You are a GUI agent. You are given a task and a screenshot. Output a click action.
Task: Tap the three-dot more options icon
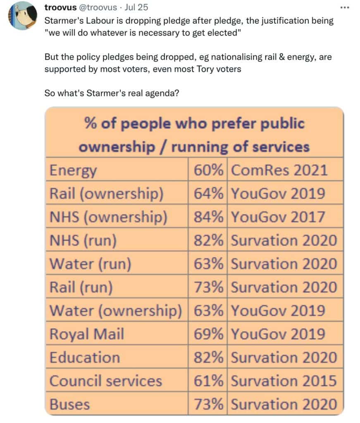(345, 7)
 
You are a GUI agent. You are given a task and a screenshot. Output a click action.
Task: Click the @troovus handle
(98, 7)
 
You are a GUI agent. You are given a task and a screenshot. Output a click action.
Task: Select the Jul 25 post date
(136, 7)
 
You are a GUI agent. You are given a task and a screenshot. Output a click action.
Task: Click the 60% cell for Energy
(208, 170)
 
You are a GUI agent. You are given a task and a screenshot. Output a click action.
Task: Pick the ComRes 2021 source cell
(279, 170)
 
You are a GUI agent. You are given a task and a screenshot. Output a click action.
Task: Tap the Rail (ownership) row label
(106, 194)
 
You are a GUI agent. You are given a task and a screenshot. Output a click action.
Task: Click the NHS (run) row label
(83, 240)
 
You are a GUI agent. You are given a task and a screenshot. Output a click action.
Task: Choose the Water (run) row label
(91, 264)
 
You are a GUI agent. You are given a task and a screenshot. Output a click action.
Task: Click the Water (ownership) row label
(116, 311)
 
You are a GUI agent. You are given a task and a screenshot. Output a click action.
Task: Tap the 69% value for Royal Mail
(208, 334)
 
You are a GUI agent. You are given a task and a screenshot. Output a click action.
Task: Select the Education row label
(85, 357)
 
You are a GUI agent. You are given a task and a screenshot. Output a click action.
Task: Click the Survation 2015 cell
(284, 381)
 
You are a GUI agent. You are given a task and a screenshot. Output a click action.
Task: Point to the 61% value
(208, 381)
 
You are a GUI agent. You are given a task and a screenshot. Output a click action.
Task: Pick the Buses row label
(69, 404)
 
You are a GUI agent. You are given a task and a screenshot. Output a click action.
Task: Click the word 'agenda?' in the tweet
(162, 93)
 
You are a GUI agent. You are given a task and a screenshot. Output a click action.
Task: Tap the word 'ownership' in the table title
(117, 147)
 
